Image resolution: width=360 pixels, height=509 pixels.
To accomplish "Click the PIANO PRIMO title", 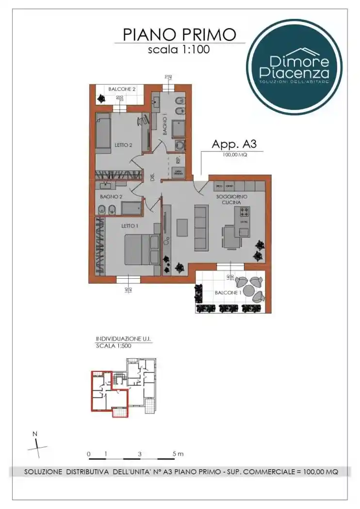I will pos(180,34).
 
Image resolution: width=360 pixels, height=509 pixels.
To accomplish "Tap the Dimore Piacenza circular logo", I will pos(294,67).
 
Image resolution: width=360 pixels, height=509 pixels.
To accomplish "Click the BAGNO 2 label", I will pos(110,196).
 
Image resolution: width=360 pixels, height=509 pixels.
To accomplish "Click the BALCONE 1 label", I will pos(228,293).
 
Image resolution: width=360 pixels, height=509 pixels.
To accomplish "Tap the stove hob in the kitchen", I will pos(243,212).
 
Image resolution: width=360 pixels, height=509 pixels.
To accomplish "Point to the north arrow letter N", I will pos(34,434).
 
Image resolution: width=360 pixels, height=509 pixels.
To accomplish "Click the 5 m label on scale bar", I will pos(178,454).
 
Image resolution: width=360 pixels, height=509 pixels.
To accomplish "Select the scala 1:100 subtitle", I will pos(179,49).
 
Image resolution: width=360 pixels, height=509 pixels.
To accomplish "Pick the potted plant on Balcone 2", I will pos(101,98).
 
